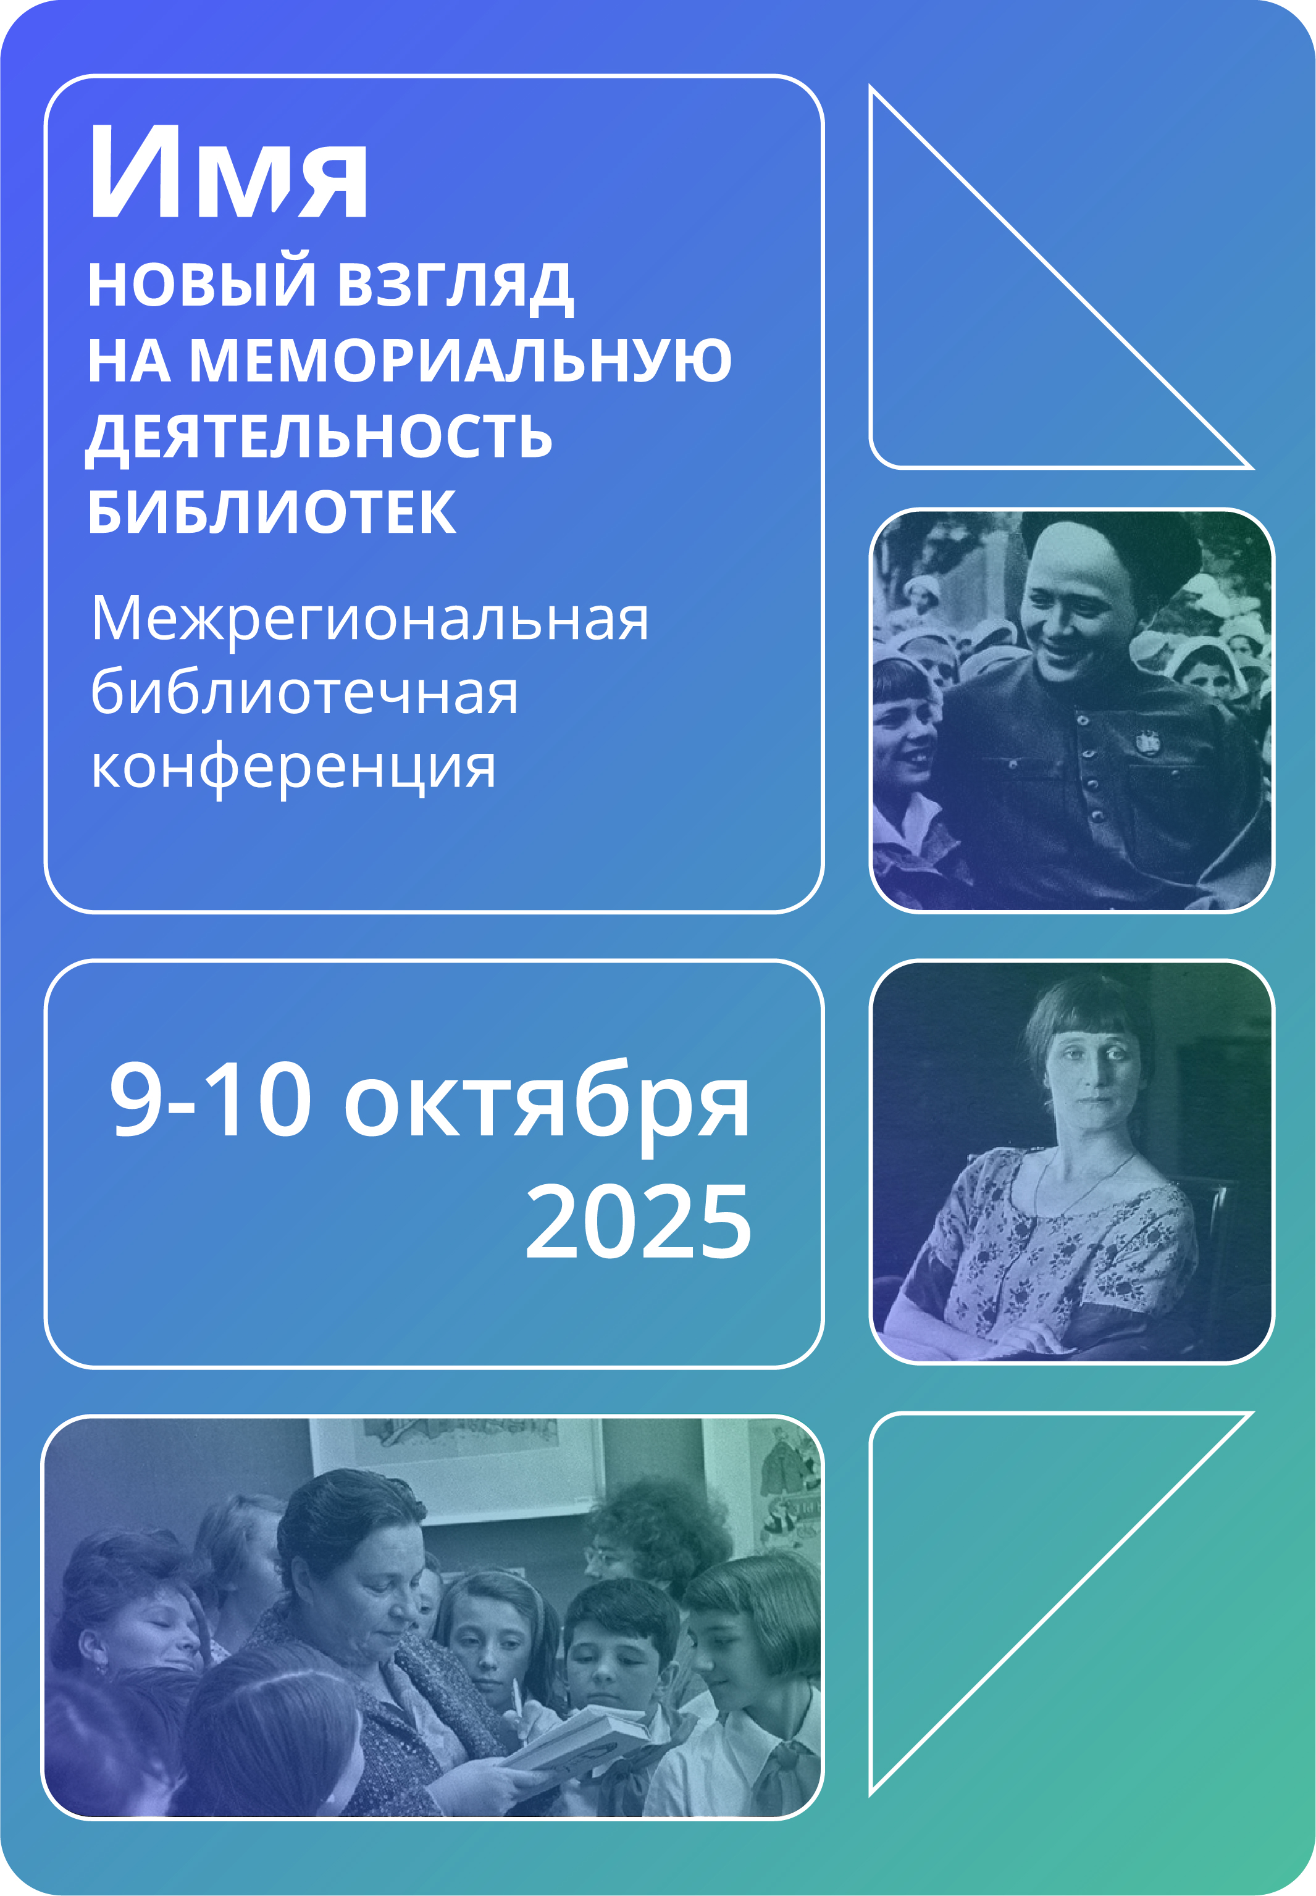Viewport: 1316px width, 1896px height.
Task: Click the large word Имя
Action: [228, 172]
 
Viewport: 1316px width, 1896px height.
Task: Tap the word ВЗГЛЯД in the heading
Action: [456, 285]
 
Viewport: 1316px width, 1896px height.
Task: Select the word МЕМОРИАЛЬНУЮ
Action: [460, 360]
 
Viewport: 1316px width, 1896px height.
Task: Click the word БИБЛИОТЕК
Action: [272, 512]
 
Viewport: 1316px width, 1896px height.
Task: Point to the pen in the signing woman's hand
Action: [517, 1698]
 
